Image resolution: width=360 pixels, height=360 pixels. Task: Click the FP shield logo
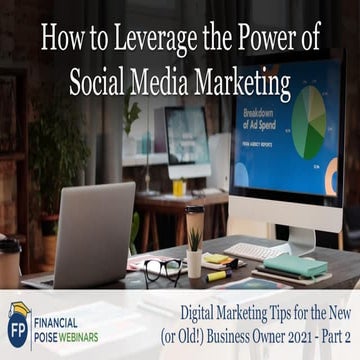point(19,325)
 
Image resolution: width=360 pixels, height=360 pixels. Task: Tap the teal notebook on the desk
point(289,265)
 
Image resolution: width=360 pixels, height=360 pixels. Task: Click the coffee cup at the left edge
point(8,262)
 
